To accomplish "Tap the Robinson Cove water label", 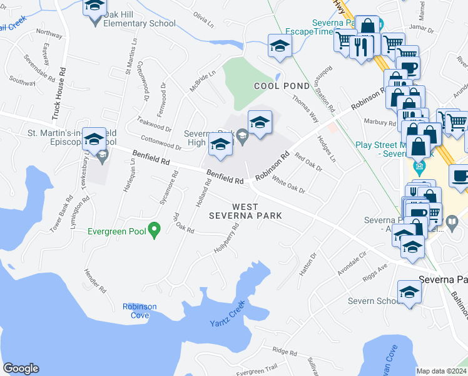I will click(140, 311).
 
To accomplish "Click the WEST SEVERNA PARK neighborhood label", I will click(257, 211).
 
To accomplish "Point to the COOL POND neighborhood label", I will click(282, 85).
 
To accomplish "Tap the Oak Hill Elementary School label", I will click(140, 24).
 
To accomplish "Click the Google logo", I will click(21, 368).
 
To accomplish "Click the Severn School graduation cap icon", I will click(410, 292).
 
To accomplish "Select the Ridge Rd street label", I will click(284, 352).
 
